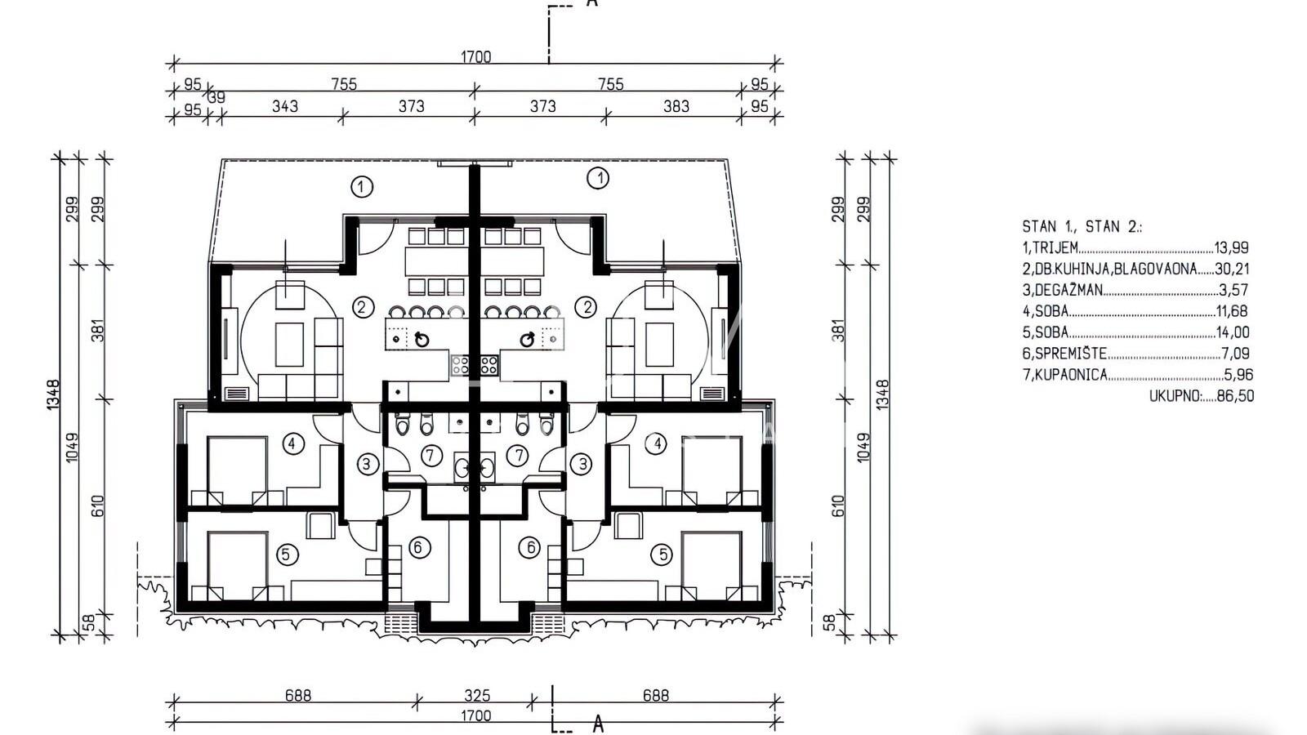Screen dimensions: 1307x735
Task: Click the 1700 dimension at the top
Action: (x=476, y=56)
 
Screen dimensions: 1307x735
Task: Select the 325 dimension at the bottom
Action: (x=477, y=695)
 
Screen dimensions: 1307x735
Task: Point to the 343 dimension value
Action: (x=285, y=106)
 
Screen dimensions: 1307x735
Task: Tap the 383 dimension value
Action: (x=676, y=106)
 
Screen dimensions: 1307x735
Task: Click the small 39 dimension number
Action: (x=216, y=98)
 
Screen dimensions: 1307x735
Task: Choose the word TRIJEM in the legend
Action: (x=1055, y=247)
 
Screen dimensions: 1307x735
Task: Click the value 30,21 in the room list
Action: (x=1232, y=269)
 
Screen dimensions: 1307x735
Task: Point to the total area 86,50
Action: (x=1235, y=395)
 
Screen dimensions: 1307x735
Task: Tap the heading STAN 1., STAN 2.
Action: (x=1082, y=226)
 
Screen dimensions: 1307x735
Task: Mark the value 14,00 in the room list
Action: (x=1233, y=332)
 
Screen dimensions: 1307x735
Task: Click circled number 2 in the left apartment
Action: (x=362, y=307)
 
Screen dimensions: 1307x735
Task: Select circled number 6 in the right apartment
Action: (x=530, y=548)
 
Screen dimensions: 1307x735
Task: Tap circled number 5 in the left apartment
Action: (x=286, y=555)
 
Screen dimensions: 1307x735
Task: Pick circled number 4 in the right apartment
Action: (x=657, y=444)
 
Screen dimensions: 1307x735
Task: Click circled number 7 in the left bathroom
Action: (x=430, y=456)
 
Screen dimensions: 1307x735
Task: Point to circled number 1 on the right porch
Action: (x=598, y=178)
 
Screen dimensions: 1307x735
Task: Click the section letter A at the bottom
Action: (x=597, y=725)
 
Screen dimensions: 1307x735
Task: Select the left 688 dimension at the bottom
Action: (x=298, y=695)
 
